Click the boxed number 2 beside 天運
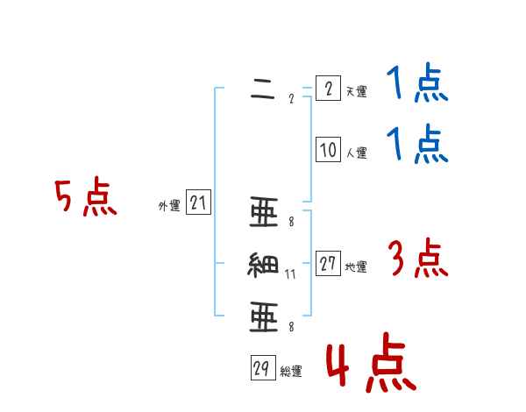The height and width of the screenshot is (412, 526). tap(327, 89)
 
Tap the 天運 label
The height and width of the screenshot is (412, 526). tap(356, 91)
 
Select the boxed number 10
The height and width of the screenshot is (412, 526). tap(327, 150)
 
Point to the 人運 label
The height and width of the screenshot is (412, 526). tap(356, 153)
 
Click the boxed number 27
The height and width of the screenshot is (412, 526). tap(328, 264)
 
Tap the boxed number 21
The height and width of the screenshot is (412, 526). tap(198, 204)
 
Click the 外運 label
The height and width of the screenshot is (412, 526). tap(169, 206)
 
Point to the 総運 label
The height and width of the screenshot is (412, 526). tap(291, 372)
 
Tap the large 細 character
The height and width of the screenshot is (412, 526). tap(263, 265)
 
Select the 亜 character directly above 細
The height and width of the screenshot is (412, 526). tap(263, 213)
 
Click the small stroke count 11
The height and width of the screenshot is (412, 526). tap(291, 274)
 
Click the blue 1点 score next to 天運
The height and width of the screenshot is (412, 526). tap(417, 85)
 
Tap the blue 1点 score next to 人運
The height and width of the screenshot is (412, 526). tap(417, 145)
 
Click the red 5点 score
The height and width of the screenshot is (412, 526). tap(85, 198)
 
